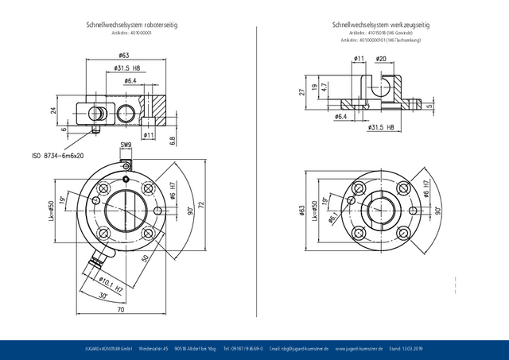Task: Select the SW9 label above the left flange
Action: [125, 145]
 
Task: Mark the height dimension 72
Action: [200, 204]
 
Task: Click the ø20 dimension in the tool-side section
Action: [381, 59]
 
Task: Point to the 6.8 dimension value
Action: [173, 140]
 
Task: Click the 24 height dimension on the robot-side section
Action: [53, 110]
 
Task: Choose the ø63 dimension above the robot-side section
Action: [124, 56]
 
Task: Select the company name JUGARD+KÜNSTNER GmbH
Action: [108, 349]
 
